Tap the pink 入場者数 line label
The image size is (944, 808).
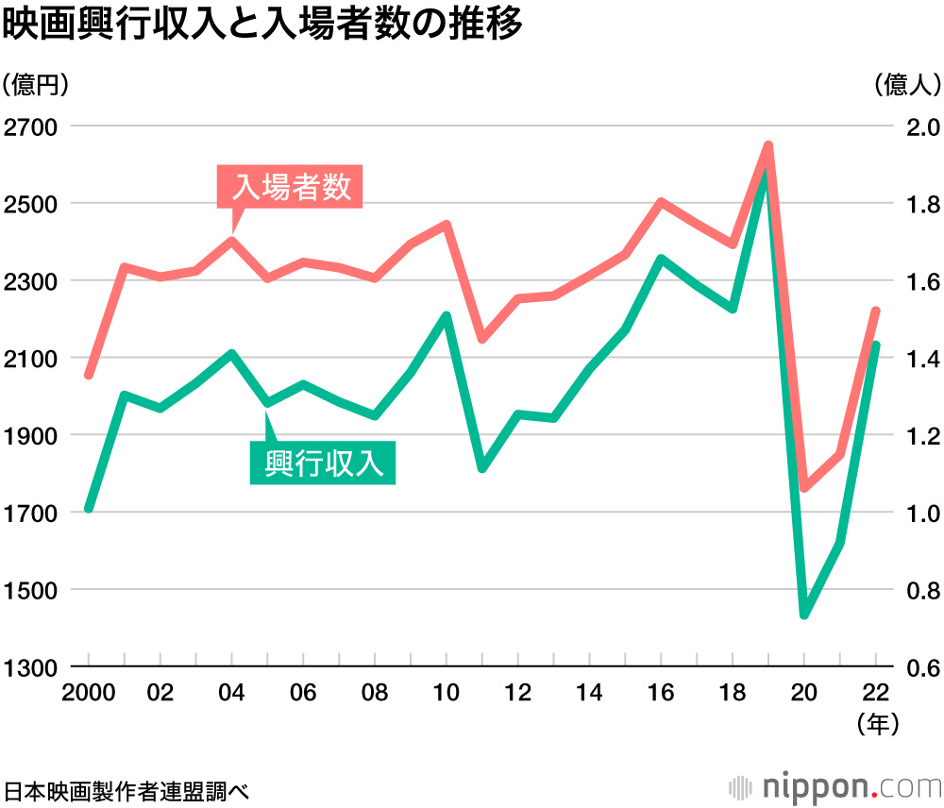tap(291, 187)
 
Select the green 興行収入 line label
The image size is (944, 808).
tap(323, 463)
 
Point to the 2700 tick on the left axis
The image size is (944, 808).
tap(31, 127)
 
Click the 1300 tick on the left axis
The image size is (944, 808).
tap(31, 667)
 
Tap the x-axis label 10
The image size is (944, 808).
tap(446, 694)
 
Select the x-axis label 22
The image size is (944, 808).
tap(875, 694)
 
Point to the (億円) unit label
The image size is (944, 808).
tap(37, 85)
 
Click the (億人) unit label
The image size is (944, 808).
tap(907, 85)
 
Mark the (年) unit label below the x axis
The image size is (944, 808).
tap(878, 725)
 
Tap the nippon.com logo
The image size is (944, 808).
tap(835, 785)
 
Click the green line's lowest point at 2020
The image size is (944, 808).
tap(804, 614)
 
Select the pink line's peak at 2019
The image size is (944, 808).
tap(768, 146)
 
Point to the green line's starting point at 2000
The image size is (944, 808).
tap(89, 508)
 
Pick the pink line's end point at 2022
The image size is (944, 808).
tap(875, 311)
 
